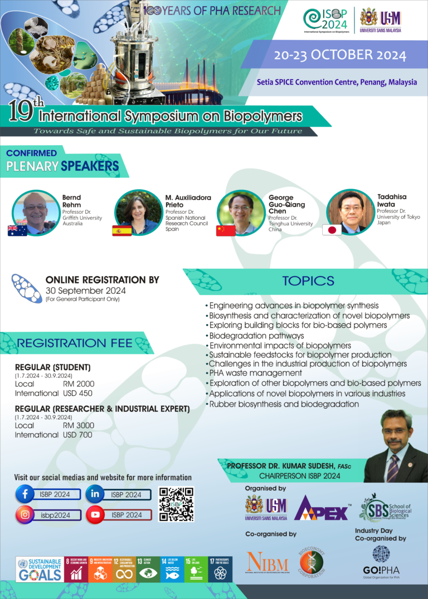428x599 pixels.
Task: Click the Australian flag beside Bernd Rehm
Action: [17, 230]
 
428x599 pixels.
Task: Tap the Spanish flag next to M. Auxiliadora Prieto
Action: [121, 230]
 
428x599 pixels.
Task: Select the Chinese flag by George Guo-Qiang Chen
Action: [226, 230]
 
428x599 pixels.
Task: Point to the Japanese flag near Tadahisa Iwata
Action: [332, 230]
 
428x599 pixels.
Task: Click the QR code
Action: [176, 504]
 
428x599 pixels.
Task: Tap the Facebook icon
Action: [25, 494]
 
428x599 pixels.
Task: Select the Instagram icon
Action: [25, 515]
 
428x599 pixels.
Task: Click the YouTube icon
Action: [95, 515]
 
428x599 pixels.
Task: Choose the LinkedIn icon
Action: [95, 494]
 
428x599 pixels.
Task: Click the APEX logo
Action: [322, 508]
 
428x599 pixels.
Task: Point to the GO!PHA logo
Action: [381, 561]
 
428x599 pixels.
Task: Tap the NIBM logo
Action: [267, 563]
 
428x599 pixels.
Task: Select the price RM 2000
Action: [79, 384]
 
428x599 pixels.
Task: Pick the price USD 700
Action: [78, 435]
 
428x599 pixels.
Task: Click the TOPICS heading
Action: [308, 281]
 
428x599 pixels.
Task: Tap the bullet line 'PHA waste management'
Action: [255, 374]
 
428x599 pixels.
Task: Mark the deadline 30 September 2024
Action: [85, 291]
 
